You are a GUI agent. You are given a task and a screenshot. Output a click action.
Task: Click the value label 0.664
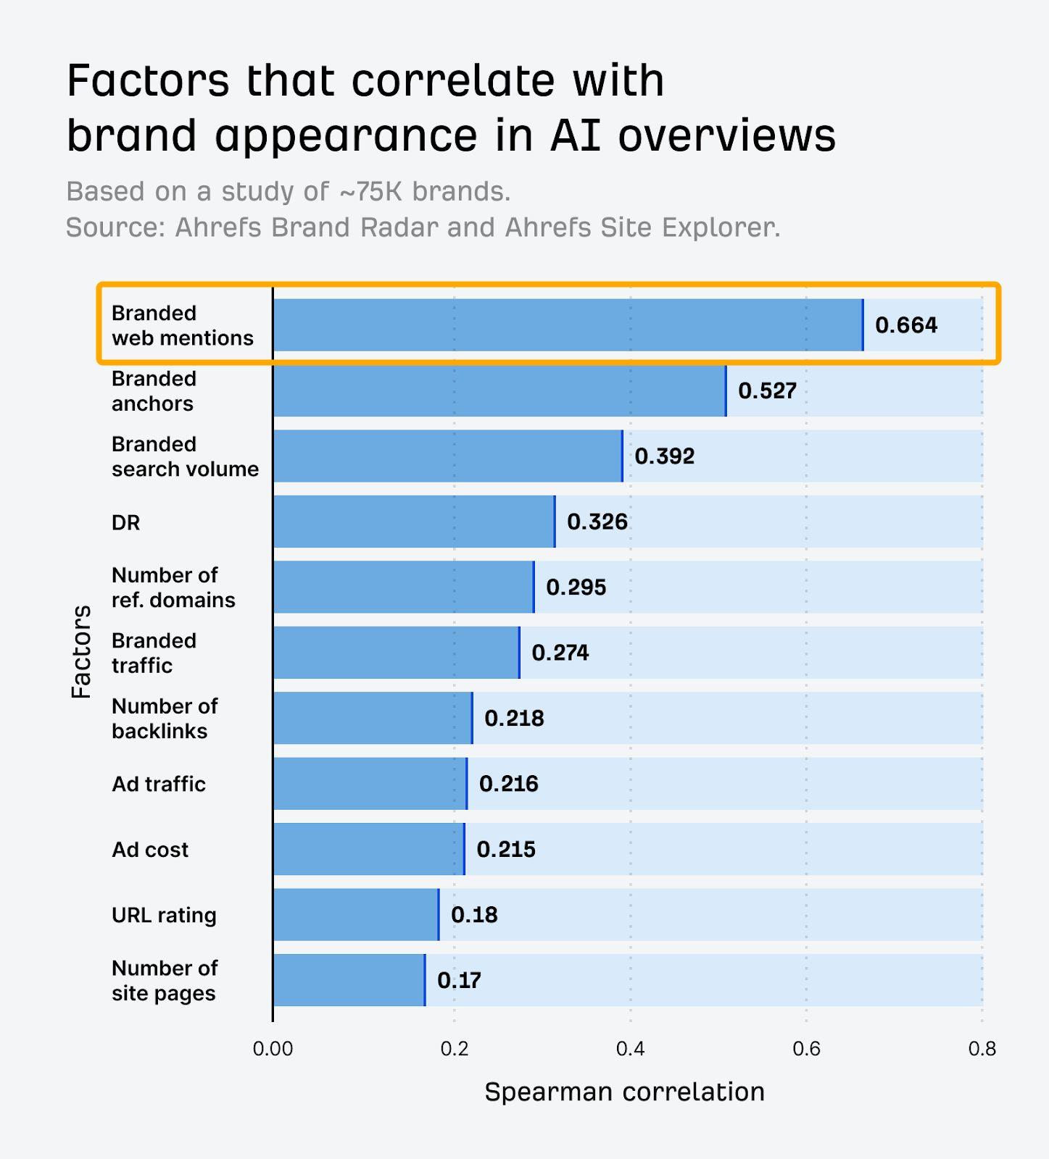point(905,325)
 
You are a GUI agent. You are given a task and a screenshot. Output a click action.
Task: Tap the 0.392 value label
point(664,456)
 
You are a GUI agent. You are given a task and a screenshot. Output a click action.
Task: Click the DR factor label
point(125,522)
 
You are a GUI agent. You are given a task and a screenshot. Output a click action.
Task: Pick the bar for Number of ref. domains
point(403,587)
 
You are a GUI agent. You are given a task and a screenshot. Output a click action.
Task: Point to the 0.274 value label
point(560,653)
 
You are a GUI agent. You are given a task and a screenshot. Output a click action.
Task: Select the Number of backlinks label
point(164,719)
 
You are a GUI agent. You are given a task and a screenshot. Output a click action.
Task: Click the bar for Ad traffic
point(370,784)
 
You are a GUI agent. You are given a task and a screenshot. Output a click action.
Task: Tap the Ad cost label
point(149,850)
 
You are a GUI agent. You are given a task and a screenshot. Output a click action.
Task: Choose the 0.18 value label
point(474,915)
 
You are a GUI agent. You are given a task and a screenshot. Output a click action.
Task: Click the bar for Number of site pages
point(349,980)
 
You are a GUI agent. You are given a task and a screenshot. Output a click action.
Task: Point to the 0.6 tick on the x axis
point(806,1049)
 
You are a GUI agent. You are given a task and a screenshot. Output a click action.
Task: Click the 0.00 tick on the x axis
point(273,1049)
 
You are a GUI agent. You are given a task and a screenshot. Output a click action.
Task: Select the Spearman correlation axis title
point(624,1092)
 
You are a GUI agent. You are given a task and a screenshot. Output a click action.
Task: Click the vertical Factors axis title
point(81,652)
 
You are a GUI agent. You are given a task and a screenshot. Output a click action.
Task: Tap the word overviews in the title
point(726,135)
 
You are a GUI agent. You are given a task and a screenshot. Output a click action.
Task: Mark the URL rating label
point(164,915)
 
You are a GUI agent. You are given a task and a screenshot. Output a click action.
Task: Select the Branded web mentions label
point(182,325)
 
